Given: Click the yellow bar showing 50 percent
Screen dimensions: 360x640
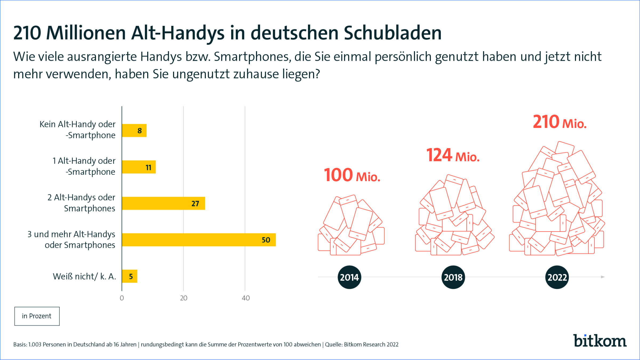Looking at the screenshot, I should (199, 240).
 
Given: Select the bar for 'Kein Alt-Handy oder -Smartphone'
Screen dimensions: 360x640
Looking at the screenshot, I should (134, 131).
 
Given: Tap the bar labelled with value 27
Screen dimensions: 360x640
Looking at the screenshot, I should (163, 203).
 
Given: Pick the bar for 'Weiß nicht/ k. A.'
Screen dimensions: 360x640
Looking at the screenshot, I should (130, 276).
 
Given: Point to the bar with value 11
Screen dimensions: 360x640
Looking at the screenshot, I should (139, 167).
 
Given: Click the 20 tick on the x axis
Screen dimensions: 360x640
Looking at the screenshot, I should (183, 298).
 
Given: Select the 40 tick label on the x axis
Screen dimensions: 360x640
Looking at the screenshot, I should (246, 298).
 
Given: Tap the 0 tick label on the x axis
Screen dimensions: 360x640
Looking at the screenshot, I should (122, 298).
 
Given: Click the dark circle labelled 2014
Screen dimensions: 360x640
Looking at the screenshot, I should (349, 277).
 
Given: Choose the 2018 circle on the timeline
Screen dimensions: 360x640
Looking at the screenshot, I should (453, 277).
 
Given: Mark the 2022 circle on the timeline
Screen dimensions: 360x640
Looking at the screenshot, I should (557, 277).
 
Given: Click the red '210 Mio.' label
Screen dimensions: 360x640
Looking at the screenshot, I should (559, 122).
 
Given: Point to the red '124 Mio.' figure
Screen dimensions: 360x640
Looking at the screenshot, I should (453, 155).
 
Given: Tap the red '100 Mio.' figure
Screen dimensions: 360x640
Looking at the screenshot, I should (352, 175).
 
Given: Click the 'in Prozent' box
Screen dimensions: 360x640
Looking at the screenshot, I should (37, 316).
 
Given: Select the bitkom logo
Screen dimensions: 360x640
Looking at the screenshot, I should (600, 341).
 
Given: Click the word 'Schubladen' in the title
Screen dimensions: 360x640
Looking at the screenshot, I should (393, 33).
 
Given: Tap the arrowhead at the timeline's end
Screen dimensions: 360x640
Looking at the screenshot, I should (603, 277).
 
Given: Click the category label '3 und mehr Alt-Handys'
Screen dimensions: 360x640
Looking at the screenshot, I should (71, 234).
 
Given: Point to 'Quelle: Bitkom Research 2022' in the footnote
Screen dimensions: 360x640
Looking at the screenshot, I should (362, 345).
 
